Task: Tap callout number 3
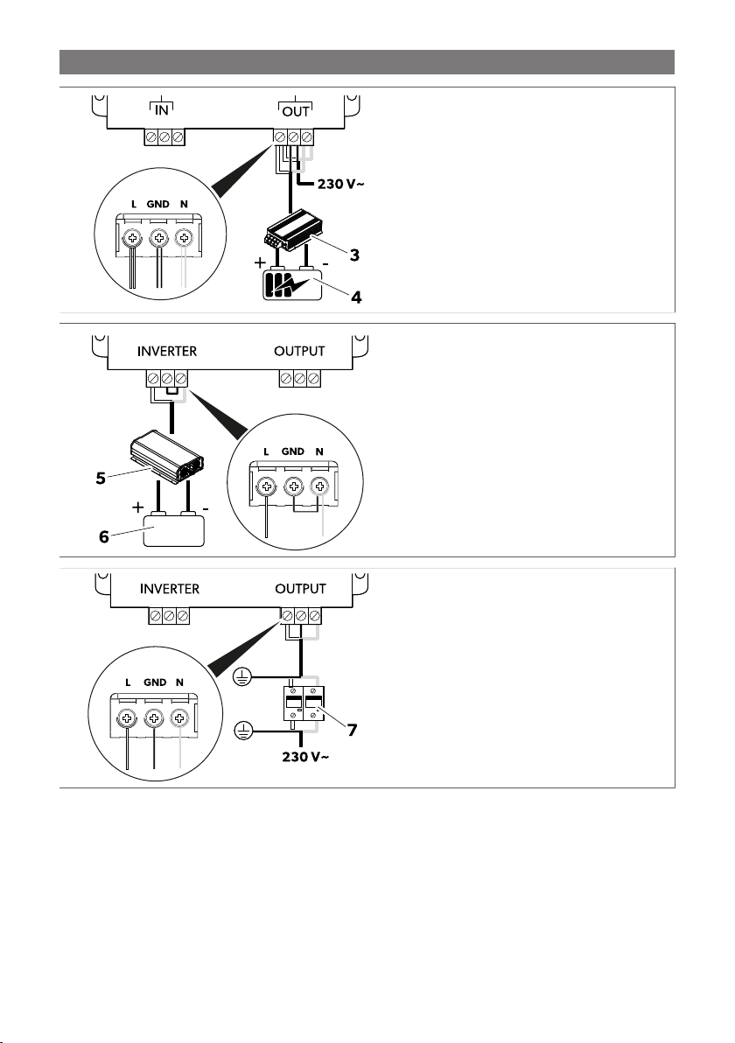(353, 255)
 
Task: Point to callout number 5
(102, 479)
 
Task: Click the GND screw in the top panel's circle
(158, 237)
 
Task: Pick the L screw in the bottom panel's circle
(128, 719)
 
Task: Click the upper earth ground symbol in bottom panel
(242, 675)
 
